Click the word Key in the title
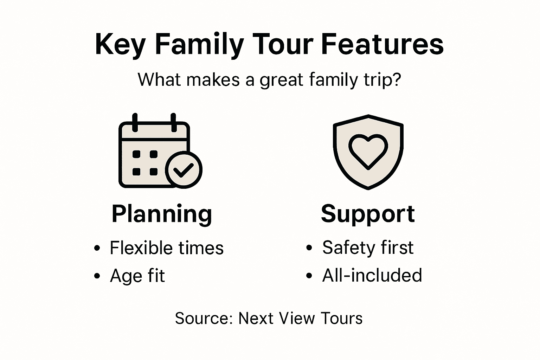click(x=120, y=45)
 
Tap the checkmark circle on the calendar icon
click(x=184, y=170)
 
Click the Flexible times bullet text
click(x=167, y=248)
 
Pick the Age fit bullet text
click(x=137, y=276)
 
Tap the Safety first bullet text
click(x=368, y=247)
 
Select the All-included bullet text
click(x=372, y=275)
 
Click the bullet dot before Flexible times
click(x=97, y=249)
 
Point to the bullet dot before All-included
click(x=309, y=276)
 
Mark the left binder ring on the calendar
click(x=135, y=122)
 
